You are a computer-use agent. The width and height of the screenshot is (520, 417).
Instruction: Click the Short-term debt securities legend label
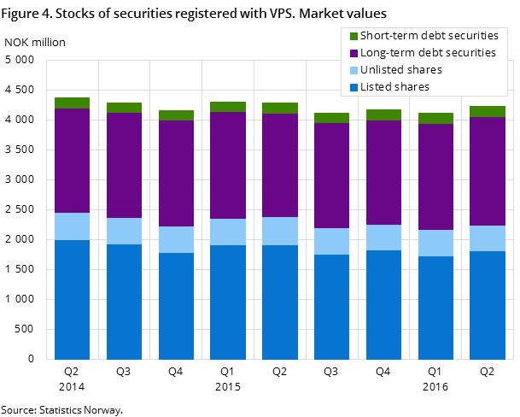coord(429,36)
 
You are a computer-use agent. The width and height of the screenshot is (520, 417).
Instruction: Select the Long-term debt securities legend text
coord(428,53)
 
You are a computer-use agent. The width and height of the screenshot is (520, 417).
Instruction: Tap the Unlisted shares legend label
coord(400,70)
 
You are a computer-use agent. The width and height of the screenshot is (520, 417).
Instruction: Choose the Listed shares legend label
coord(394,87)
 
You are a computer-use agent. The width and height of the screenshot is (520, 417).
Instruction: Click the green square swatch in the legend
coord(353,36)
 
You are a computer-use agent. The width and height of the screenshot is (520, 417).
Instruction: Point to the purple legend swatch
coord(353,53)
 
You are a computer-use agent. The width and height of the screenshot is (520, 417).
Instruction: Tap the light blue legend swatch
coord(353,70)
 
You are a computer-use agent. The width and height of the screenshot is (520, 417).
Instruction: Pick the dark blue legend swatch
coord(353,87)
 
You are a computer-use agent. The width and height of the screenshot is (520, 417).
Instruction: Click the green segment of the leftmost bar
coord(72,103)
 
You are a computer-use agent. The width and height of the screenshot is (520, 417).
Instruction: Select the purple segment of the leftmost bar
coord(72,161)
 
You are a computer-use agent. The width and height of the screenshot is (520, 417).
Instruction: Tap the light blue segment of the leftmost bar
coord(72,226)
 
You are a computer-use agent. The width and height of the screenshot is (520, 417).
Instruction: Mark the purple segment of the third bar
coord(176,173)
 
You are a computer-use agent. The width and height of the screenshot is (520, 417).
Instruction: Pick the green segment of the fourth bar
coord(228,107)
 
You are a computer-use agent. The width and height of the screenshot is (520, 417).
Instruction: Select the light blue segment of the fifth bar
coord(279,231)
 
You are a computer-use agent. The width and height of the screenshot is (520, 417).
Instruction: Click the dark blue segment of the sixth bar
coord(331,307)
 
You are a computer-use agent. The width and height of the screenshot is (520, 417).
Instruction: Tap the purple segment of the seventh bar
coord(383,173)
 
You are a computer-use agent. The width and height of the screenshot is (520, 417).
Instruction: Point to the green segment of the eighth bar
coord(435,118)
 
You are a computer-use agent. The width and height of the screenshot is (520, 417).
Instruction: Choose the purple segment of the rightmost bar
coord(487,171)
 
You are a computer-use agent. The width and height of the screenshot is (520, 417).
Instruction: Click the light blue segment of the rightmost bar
coord(487,238)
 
